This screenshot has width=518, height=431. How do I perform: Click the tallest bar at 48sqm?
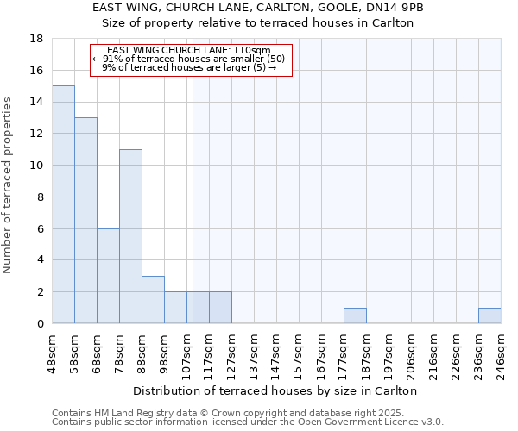point(63,204)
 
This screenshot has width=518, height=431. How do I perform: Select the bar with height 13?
point(85,220)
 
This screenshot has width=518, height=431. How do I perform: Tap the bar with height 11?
point(130,236)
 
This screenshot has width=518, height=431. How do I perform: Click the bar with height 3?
point(153,299)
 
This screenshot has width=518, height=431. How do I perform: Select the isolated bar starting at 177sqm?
point(355,315)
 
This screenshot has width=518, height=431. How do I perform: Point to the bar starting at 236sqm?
point(490,315)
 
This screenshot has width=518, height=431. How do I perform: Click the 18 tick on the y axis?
point(36,39)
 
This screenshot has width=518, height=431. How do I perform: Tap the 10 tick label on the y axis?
point(36,166)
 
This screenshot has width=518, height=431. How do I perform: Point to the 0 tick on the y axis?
point(40,324)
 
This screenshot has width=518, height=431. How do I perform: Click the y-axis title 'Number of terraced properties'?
point(9,184)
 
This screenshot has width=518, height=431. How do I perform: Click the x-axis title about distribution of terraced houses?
point(275,390)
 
